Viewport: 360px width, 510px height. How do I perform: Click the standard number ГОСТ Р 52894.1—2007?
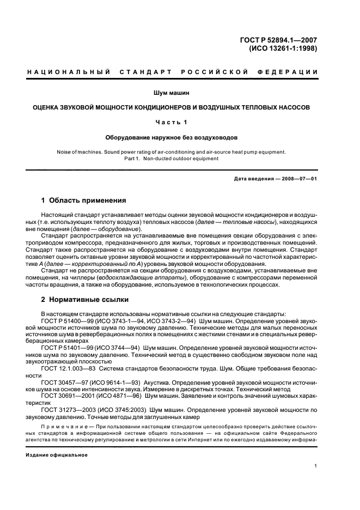pos(288,39)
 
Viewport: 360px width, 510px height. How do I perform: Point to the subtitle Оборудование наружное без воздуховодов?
pos(179,138)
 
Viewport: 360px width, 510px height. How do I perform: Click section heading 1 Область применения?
pos(84,200)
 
